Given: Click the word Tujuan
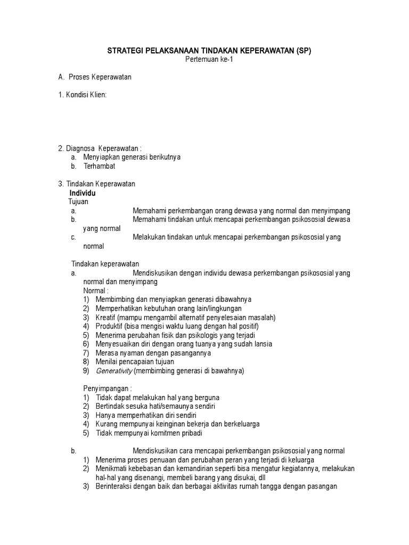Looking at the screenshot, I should coord(78,202).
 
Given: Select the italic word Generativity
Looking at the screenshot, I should coord(113,371).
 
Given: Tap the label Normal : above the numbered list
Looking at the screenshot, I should coord(96,291).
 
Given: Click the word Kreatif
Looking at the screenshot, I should coord(107,317).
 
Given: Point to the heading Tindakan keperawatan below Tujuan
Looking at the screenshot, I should coord(105,264).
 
